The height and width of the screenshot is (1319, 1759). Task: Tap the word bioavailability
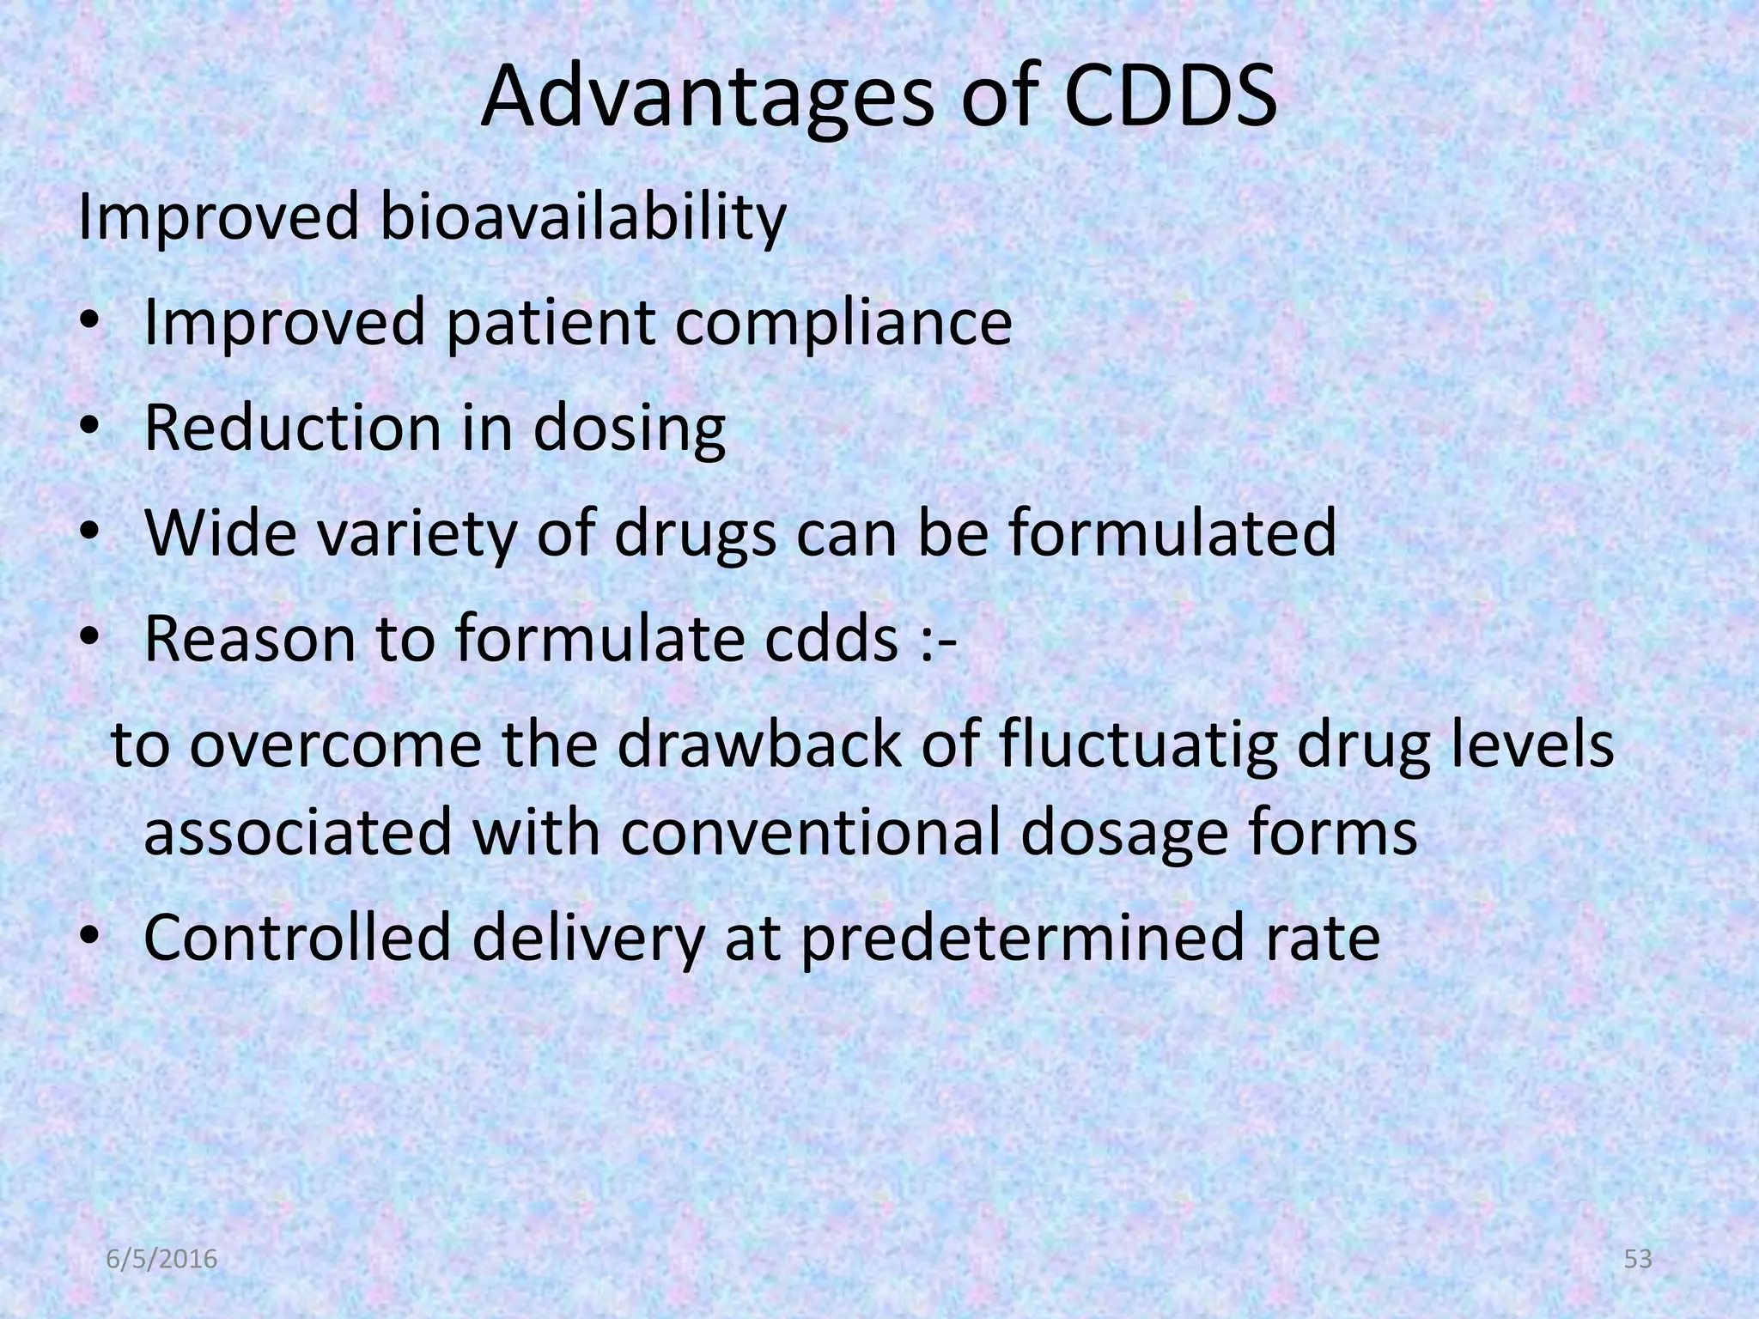pyautogui.click(x=582, y=218)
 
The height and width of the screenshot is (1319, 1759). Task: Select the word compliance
pyautogui.click(x=843, y=324)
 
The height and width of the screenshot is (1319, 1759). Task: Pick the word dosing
pyautogui.click(x=629, y=429)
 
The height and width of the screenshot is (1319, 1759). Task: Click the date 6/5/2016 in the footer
pyautogui.click(x=161, y=1261)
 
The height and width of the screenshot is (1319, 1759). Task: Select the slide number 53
pyautogui.click(x=1639, y=1260)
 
